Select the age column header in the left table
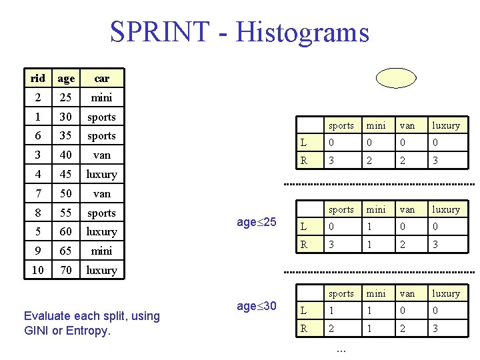coord(66,78)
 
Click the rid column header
coord(38,78)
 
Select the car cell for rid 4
coord(101,174)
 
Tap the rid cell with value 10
coord(38,270)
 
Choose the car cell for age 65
coord(101,251)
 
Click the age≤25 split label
coord(257,221)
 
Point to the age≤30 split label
coord(257,306)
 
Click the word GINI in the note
coord(35,330)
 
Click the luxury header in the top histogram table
coord(445,125)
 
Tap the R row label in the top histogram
coord(304,160)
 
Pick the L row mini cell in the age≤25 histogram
coord(376,227)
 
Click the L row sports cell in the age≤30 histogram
coord(341,311)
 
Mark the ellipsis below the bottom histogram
coord(341,348)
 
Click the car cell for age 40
coord(101,155)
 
